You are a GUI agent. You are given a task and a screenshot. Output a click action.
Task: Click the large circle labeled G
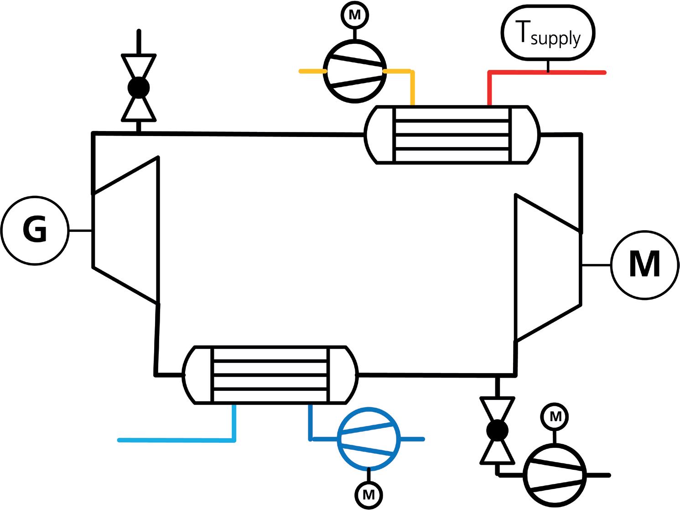coord(35,231)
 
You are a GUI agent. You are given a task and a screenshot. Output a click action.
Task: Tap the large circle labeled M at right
coord(644,265)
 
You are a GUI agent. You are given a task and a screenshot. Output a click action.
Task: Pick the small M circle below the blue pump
coord(369,494)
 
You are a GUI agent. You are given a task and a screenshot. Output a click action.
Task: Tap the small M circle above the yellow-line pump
coord(354,15)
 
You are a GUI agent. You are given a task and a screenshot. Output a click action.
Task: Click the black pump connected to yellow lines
coord(354,71)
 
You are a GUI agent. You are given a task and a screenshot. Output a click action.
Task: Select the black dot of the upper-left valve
coord(139,87)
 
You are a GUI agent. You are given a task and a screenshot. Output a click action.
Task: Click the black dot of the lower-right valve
coord(497,430)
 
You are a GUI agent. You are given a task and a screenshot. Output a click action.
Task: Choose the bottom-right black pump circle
coord(555,475)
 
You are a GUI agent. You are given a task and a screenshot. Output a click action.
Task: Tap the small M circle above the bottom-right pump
coord(555,416)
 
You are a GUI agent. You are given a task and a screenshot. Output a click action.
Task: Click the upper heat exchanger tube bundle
coord(452,135)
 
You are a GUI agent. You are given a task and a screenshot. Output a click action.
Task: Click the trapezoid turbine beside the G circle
coord(125,231)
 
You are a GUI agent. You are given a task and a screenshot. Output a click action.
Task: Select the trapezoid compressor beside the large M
coord(547,267)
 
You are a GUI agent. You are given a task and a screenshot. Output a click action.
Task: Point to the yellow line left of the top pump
coord(311,71)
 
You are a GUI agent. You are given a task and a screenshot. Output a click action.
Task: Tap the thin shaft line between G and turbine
coord(81,231)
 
